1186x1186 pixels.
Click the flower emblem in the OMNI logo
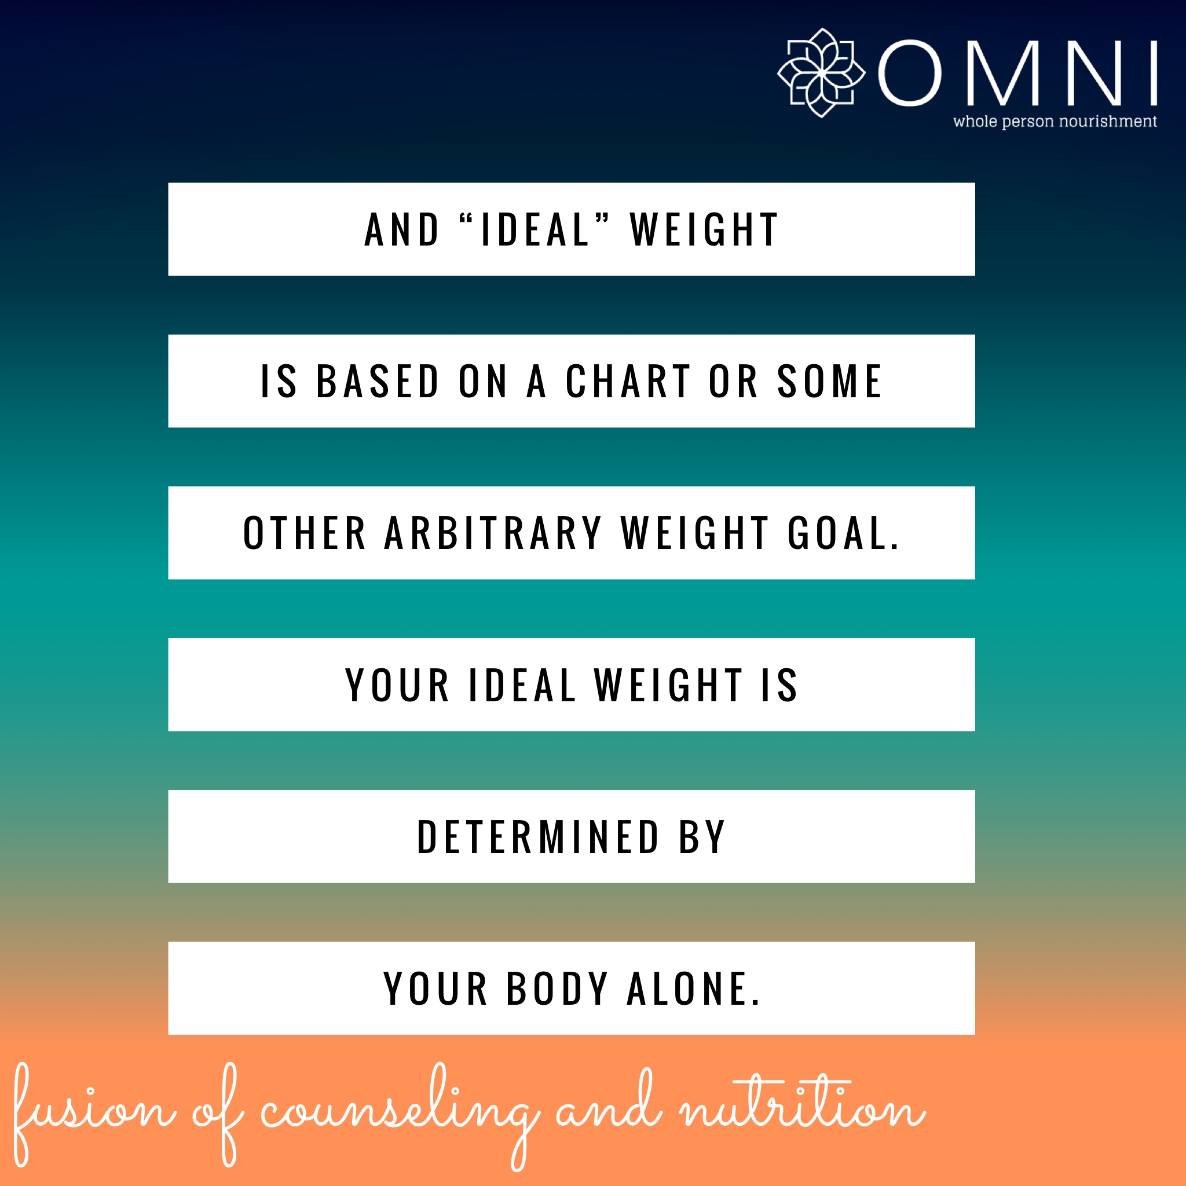tap(821, 72)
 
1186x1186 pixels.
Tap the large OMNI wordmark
tap(1018, 74)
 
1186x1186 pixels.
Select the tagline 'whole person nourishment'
tap(1054, 122)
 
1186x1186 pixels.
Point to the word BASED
tap(378, 381)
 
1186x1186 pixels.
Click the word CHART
tap(628, 381)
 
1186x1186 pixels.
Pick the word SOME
tap(829, 381)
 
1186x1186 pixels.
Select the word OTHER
tap(305, 533)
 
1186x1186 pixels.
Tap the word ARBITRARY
tap(493, 533)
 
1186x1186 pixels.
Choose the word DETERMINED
tap(538, 837)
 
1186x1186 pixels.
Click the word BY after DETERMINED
tap(702, 837)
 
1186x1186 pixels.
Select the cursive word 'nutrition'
tap(801, 1108)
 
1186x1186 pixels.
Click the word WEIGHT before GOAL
tap(695, 533)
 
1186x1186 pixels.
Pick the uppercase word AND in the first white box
tap(402, 229)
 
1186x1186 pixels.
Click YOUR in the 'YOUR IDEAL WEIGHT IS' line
tap(397, 685)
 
